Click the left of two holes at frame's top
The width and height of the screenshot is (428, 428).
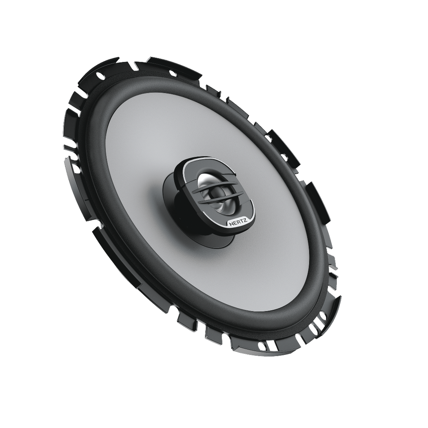(100, 75)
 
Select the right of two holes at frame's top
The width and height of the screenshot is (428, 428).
(173, 73)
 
